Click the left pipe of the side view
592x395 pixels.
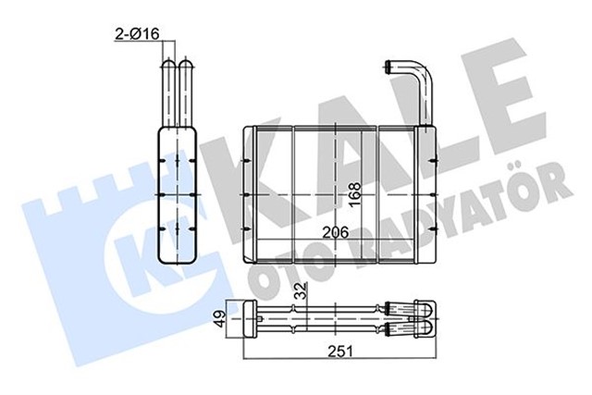click(x=169, y=93)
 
